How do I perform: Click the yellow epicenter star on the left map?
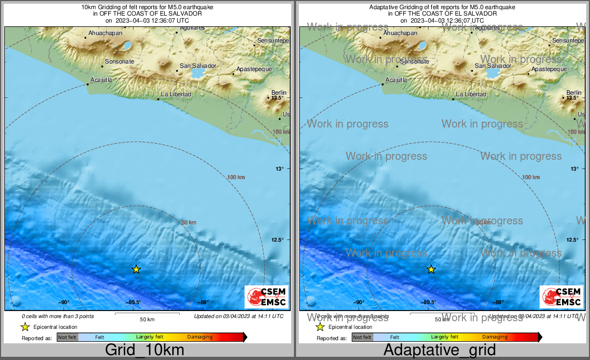pos(136,269)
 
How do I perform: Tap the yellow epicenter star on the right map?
pos(431,269)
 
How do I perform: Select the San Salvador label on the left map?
pos(198,66)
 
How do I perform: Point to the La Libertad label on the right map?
pos(471,95)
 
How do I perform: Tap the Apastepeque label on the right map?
pos(549,69)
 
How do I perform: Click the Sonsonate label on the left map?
pos(120,62)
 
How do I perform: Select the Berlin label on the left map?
pos(279,93)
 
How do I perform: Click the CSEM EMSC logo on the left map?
pos(266,297)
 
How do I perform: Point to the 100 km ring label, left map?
pos(236,177)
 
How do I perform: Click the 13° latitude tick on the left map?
pos(279,169)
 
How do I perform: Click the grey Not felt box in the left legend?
pos(67,337)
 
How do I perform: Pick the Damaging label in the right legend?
pos(495,337)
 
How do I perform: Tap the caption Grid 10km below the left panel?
pos(144,350)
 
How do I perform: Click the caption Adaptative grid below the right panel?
pos(439,350)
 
